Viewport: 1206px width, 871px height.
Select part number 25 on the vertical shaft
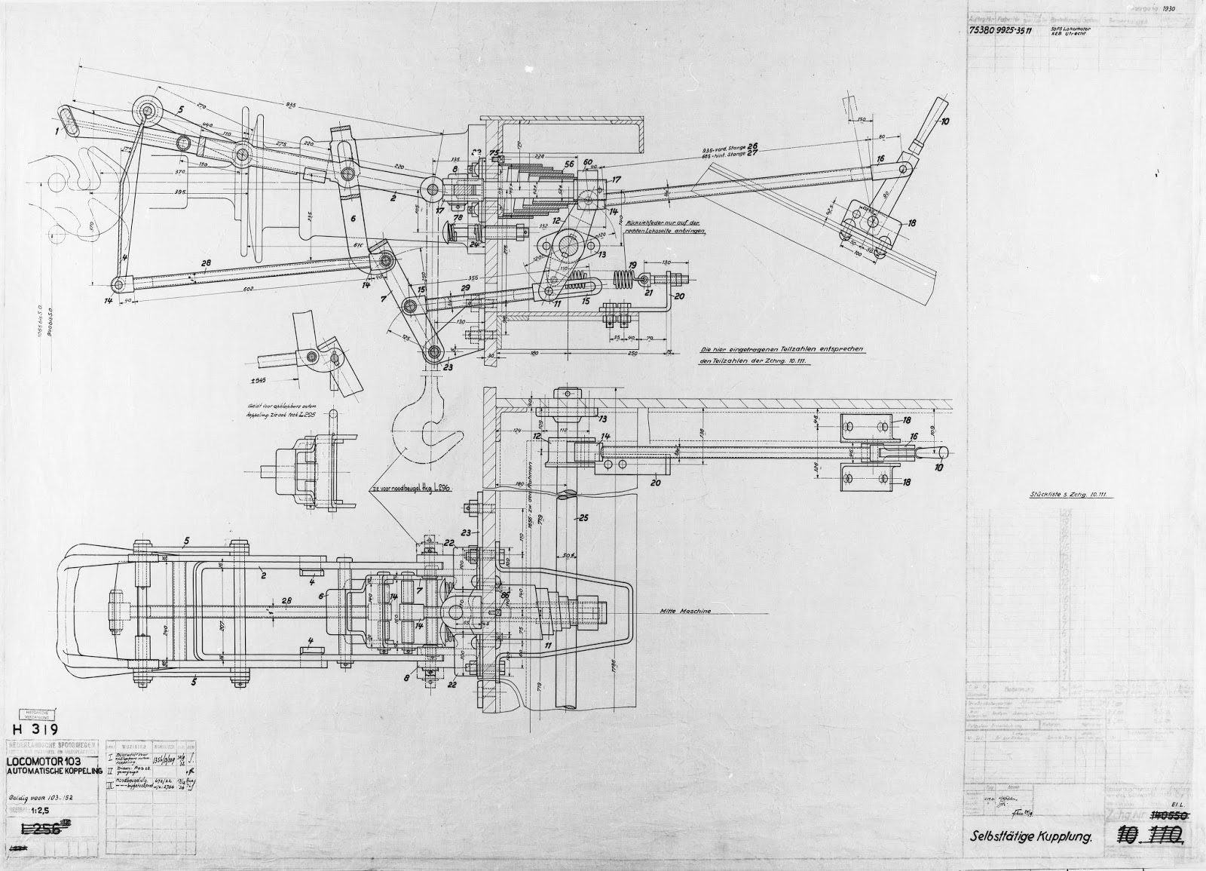[582, 519]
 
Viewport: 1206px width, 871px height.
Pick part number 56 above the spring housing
[568, 164]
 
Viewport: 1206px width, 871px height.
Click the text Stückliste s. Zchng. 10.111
[1073, 495]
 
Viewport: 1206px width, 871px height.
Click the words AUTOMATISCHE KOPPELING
[54, 774]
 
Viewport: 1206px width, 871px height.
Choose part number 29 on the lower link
[465, 290]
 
